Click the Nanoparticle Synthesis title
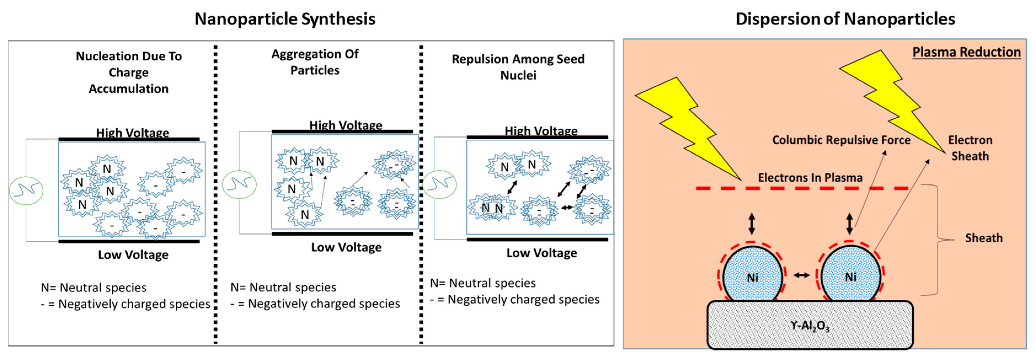click(285, 19)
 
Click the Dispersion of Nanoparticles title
click(845, 19)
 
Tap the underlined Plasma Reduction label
click(966, 52)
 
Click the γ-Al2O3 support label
click(810, 326)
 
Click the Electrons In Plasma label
click(810, 178)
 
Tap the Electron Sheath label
click(970, 148)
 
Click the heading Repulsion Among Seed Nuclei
click(518, 67)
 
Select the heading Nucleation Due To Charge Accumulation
click(129, 72)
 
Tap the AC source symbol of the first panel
click(26, 191)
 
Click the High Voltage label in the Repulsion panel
click(541, 131)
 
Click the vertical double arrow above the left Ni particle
click(751, 224)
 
